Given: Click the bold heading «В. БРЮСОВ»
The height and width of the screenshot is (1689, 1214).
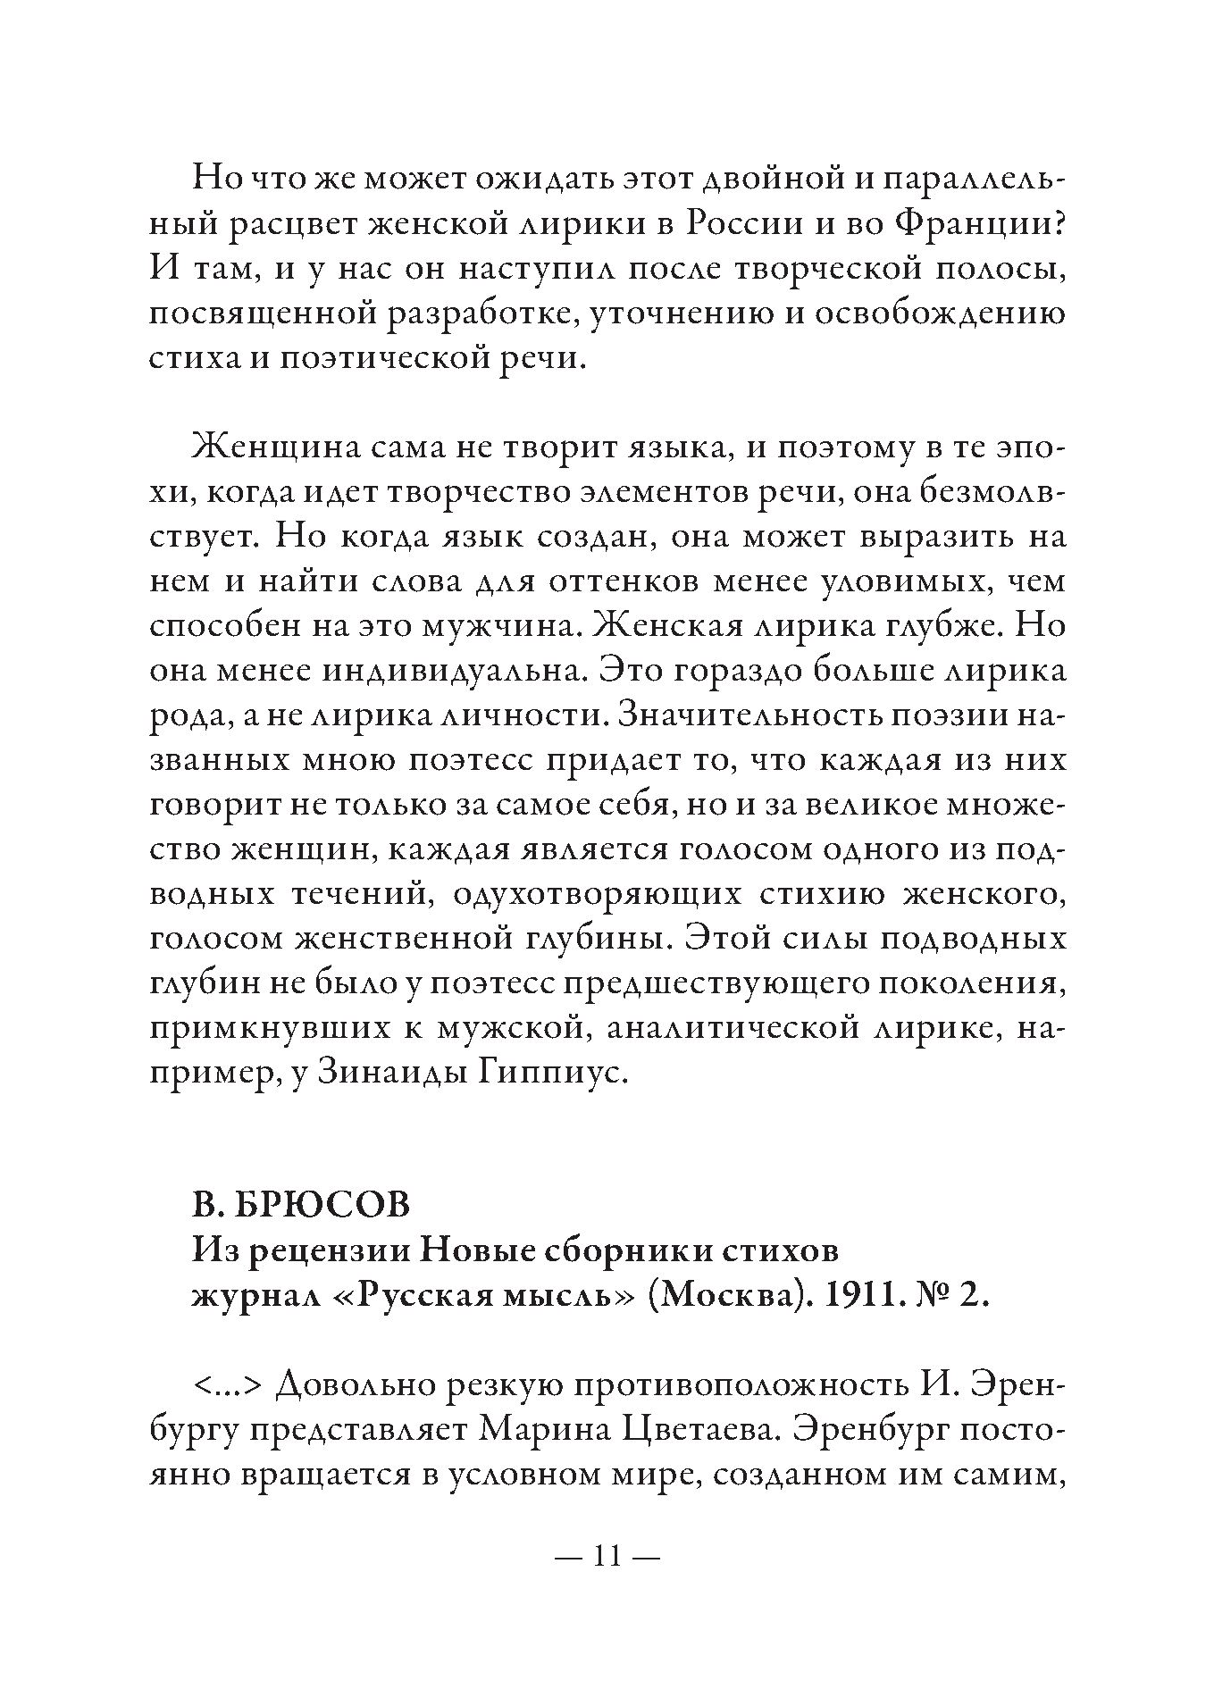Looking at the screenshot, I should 300,1205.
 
